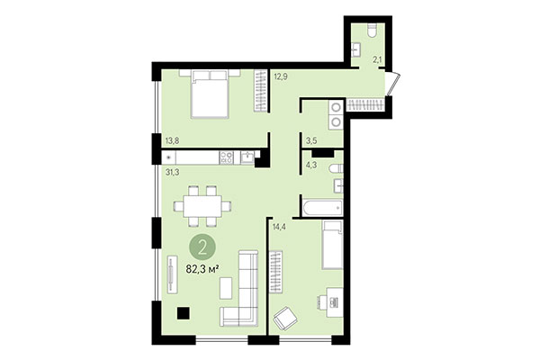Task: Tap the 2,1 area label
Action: point(379,59)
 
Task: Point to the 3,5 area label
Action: point(311,141)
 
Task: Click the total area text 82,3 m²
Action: point(202,267)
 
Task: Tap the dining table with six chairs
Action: point(201,205)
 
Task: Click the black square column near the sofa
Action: point(183,313)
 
